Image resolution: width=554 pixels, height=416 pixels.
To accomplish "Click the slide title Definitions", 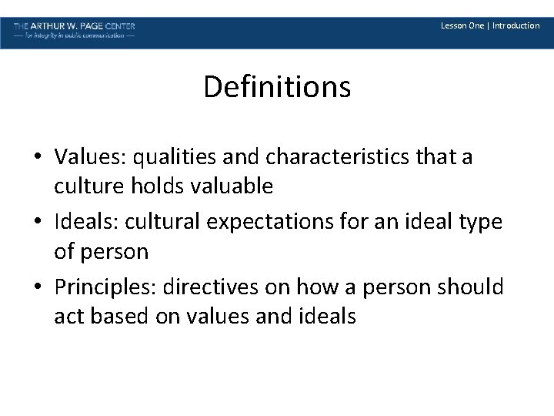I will click(277, 87).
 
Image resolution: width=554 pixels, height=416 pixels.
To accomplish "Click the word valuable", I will click(234, 186).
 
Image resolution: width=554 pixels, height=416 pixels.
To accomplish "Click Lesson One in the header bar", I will click(462, 25).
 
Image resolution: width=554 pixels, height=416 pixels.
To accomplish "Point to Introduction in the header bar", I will click(516, 25).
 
